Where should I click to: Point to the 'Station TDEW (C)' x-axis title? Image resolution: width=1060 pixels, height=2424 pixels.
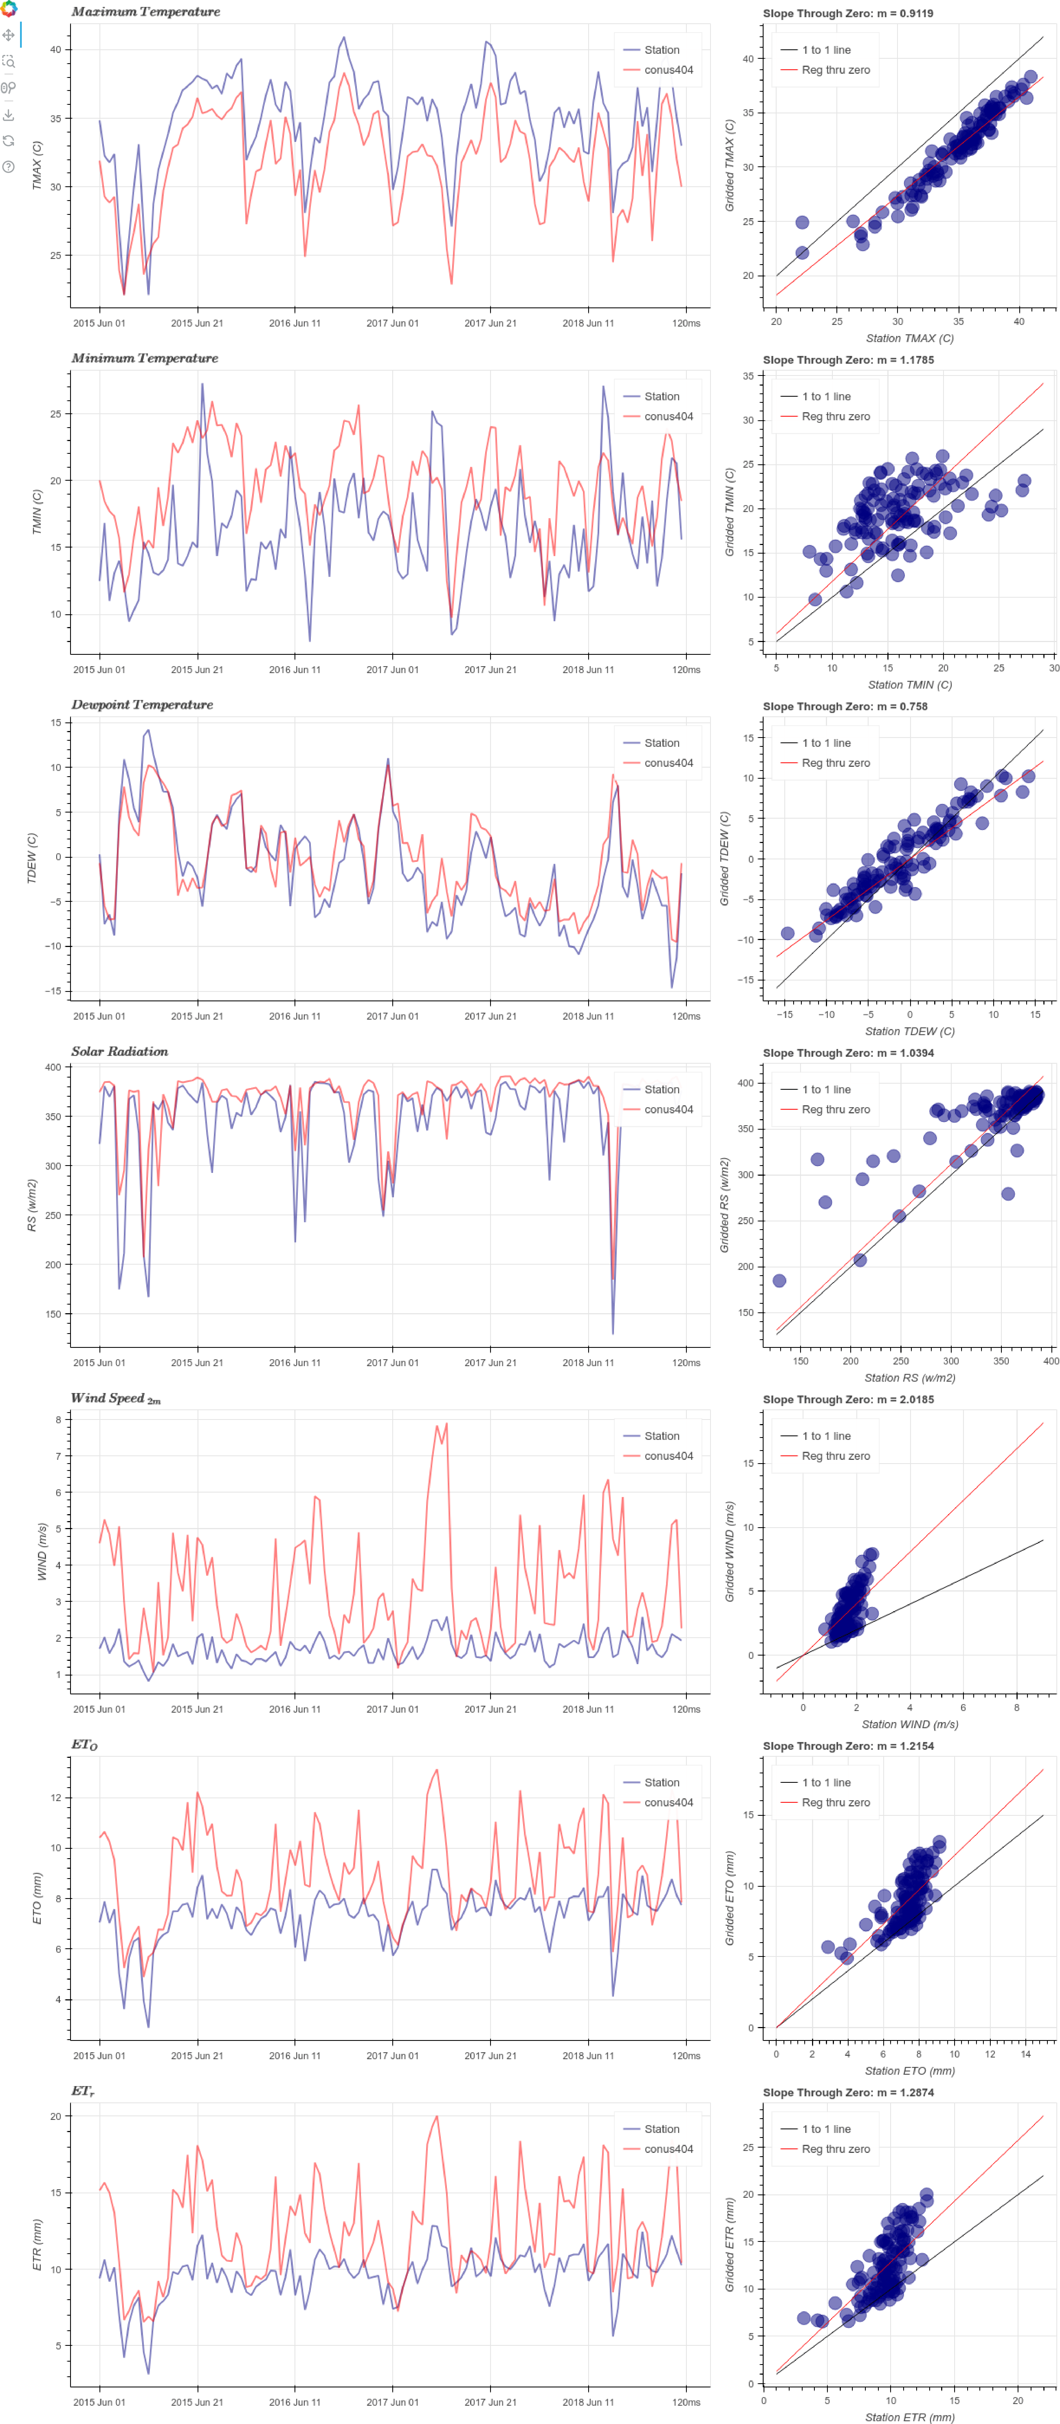(x=910, y=1031)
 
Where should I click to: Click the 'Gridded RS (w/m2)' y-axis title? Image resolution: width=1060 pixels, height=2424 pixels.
(x=724, y=1205)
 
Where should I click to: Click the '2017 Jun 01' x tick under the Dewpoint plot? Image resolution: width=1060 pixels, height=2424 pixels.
(x=392, y=1016)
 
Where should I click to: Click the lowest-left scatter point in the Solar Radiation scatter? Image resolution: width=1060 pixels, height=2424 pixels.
(x=779, y=1281)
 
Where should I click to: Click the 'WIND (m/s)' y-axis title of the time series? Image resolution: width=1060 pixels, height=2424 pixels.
(x=41, y=1551)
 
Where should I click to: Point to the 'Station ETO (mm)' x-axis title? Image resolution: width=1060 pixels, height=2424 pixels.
(x=910, y=2071)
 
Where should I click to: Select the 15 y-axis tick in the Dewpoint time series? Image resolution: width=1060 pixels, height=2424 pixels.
(x=55, y=723)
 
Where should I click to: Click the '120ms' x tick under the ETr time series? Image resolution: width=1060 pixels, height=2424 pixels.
(x=686, y=2402)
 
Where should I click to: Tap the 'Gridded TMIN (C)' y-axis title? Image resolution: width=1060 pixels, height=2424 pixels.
(x=729, y=512)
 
